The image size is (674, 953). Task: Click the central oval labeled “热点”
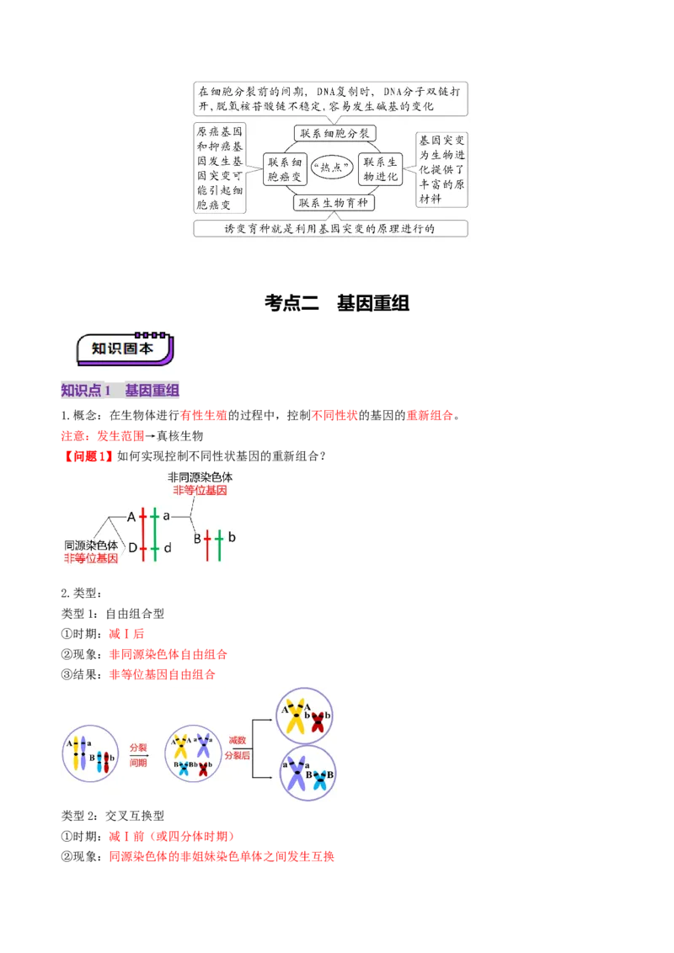[x=332, y=168]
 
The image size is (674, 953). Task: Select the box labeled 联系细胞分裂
[x=334, y=133]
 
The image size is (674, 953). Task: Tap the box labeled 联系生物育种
[x=334, y=202]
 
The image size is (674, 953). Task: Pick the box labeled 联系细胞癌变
[x=285, y=169]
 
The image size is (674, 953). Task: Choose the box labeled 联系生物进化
[x=380, y=169]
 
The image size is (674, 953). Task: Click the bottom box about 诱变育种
[x=330, y=228]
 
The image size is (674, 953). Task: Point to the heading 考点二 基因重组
[x=337, y=303]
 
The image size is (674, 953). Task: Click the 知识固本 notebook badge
[x=125, y=349]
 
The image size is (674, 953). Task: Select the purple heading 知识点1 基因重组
[x=120, y=390]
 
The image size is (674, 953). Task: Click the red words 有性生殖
[x=204, y=415]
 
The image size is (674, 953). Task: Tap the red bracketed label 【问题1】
[x=88, y=455]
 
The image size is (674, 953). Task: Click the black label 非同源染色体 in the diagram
[x=201, y=477]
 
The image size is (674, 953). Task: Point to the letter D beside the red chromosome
[x=132, y=547]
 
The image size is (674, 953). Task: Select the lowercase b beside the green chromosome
[x=232, y=537]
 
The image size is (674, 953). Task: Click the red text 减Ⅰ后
[x=126, y=634]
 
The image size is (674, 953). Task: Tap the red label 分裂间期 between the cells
[x=138, y=755]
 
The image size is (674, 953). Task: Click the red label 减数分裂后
[x=238, y=748]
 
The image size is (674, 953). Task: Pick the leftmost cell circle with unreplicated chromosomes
[x=91, y=753]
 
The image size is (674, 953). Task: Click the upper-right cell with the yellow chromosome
[x=304, y=716]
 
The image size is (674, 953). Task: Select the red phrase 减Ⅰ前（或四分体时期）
[x=172, y=836]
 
